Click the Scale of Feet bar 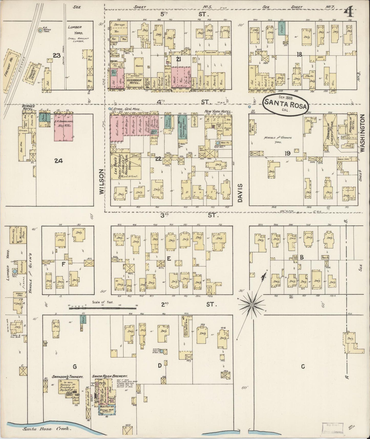click(x=103, y=308)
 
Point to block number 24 click(x=58, y=161)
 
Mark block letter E click(x=169, y=259)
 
